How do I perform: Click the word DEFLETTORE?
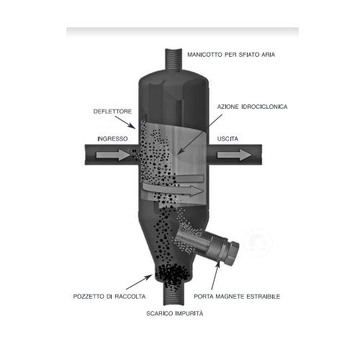pyautogui.click(x=112, y=112)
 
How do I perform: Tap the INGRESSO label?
pyautogui.click(x=112, y=139)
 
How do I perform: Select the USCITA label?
pyautogui.click(x=228, y=139)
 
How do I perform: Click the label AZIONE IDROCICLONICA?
pyautogui.click(x=252, y=107)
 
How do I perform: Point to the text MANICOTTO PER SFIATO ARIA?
pyautogui.click(x=231, y=55)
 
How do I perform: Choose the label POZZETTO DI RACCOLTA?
pyautogui.click(x=109, y=297)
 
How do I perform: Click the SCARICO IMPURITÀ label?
pyautogui.click(x=175, y=313)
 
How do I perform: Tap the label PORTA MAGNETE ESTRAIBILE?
pyautogui.click(x=237, y=297)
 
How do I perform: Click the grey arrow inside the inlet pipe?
pyautogui.click(x=113, y=155)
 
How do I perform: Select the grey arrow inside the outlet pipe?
pyautogui.click(x=235, y=155)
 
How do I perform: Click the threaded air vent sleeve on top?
pyautogui.click(x=174, y=60)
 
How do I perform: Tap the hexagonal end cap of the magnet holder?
pyautogui.click(x=232, y=252)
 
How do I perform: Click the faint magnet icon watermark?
pyautogui.click(x=258, y=242)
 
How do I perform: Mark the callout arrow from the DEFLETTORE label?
pyautogui.click(x=125, y=122)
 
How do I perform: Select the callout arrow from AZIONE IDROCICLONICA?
pyautogui.click(x=199, y=135)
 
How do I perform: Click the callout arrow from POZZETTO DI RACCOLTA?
pyautogui.click(x=139, y=282)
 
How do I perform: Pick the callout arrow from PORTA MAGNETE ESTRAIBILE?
pyautogui.click(x=215, y=276)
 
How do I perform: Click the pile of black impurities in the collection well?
pyautogui.click(x=172, y=276)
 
